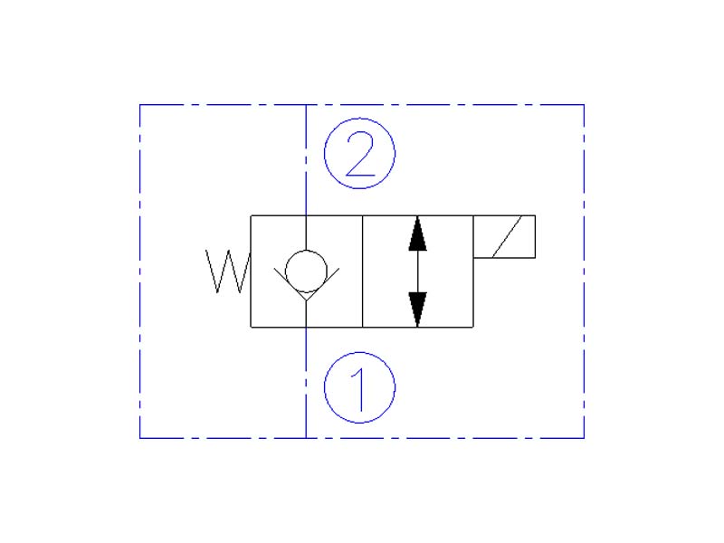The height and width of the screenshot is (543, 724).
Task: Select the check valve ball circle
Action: pyautogui.click(x=306, y=269)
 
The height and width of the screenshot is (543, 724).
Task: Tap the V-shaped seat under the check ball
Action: pyautogui.click(x=306, y=293)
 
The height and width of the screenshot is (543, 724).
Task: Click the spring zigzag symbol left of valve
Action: pyautogui.click(x=227, y=271)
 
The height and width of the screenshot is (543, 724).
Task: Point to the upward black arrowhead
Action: pyautogui.click(x=417, y=233)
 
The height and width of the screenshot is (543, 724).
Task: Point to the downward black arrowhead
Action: pyautogui.click(x=417, y=310)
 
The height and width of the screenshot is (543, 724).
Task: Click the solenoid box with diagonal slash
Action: pyautogui.click(x=504, y=237)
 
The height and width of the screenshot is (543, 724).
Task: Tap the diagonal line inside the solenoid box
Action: pyautogui.click(x=505, y=237)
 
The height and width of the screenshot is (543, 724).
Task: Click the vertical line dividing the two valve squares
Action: pyautogui.click(x=362, y=271)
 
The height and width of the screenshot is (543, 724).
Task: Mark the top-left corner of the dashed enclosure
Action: pyautogui.click(x=140, y=105)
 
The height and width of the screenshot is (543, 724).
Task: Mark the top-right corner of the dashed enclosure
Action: pyautogui.click(x=584, y=105)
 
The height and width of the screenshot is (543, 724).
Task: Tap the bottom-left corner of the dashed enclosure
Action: pyautogui.click(x=140, y=438)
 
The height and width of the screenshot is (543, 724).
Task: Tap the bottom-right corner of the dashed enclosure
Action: pyautogui.click(x=584, y=438)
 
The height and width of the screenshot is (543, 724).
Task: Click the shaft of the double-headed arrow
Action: pyautogui.click(x=417, y=271)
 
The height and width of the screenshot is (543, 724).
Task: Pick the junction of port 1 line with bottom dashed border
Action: pyautogui.click(x=306, y=438)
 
